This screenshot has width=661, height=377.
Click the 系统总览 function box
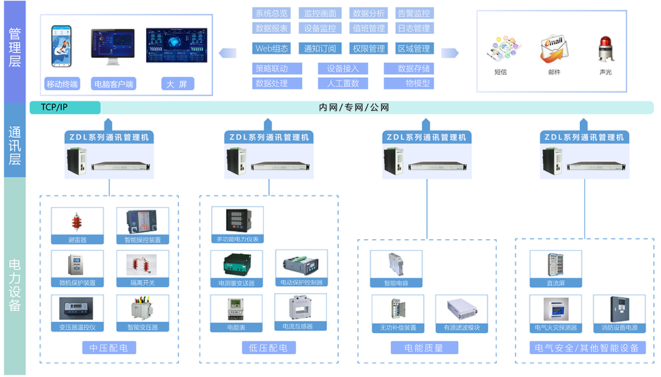coord(272,13)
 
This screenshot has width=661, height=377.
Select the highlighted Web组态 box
coord(272,48)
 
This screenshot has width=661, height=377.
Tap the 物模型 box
coord(409,83)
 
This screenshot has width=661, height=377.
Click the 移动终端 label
coord(62,84)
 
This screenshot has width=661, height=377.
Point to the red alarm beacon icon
coord(604,51)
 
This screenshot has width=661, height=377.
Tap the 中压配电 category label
coord(109,348)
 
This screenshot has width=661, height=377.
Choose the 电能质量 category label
coord(424,348)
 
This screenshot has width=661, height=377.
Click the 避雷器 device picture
coord(77,222)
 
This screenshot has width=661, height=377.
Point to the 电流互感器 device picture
coord(300,307)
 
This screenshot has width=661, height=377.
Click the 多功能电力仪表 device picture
coord(237,221)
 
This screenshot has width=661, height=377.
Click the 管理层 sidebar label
coord(14,47)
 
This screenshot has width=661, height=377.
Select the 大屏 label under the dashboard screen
coord(177,84)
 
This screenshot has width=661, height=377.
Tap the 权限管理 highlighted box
coord(369,48)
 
